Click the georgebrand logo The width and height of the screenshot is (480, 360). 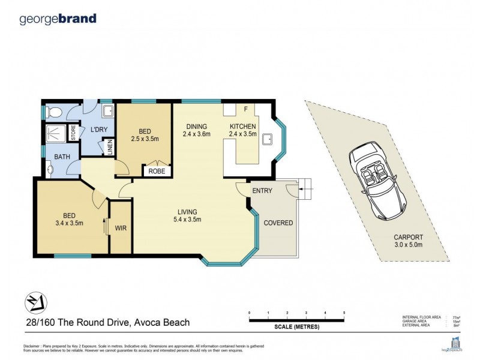point(58,19)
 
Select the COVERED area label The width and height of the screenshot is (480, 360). point(278,223)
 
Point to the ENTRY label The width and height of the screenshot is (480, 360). point(262,191)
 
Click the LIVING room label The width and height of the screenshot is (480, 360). point(188,211)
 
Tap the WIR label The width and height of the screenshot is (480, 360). point(121,228)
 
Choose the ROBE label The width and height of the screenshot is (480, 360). point(157,171)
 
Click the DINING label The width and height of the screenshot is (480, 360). point(196,127)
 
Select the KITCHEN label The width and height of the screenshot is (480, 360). point(244,127)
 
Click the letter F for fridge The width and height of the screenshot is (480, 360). point(245,109)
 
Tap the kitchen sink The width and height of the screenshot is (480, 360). point(268,140)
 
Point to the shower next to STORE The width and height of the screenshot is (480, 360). point(56,133)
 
